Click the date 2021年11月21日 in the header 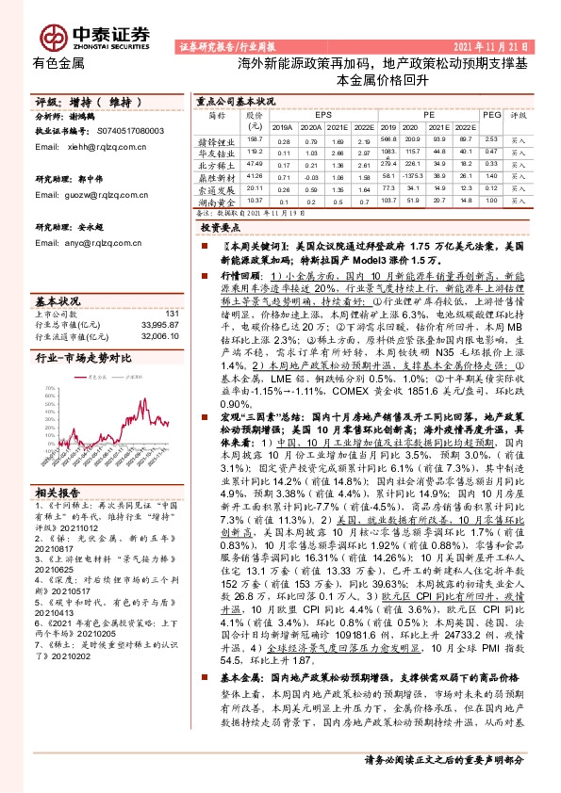pos(497,45)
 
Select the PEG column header pos(491,114)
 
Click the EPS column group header pos(322,114)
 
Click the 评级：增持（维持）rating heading pos(88,101)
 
